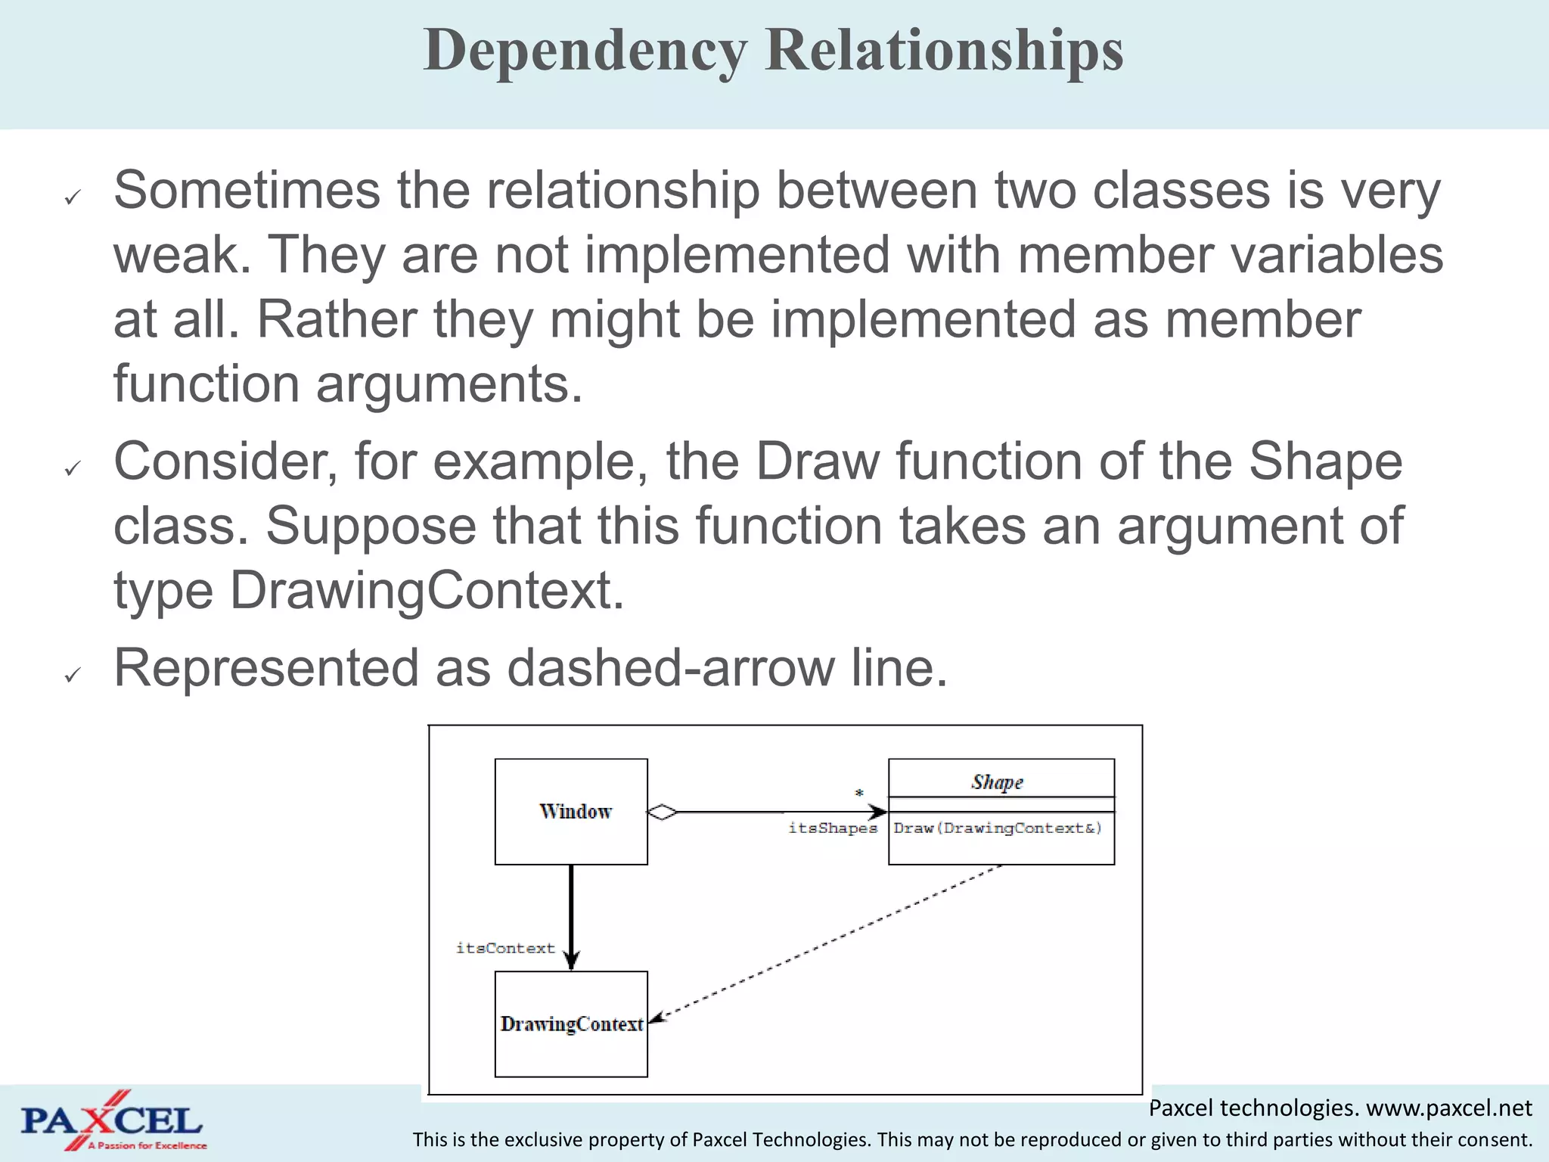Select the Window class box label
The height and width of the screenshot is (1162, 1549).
coord(575,812)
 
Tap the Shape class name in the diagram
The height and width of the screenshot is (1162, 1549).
coord(997,781)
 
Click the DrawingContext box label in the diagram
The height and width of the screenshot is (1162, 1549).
coord(571,1024)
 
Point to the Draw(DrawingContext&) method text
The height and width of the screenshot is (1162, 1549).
coord(997,828)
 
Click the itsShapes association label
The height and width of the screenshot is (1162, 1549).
coord(832,828)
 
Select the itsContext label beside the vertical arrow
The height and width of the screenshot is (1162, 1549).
coord(505,949)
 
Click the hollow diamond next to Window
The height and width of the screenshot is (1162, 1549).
coord(663,812)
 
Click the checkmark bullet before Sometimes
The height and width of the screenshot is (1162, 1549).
coord(73,198)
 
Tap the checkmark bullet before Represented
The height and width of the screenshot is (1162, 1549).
coord(73,675)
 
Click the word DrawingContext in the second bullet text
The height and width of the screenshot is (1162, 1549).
coord(426,591)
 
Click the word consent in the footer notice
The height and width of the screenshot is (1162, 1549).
coord(1498,1140)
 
